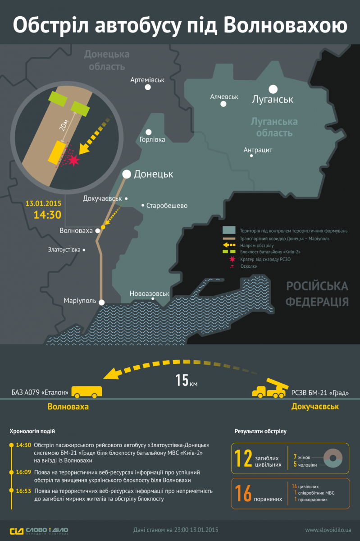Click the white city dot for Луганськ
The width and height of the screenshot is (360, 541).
pyautogui.click(x=273, y=89)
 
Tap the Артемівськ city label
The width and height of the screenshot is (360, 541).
pyautogui.click(x=147, y=80)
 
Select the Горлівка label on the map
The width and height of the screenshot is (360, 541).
pyautogui.click(x=152, y=139)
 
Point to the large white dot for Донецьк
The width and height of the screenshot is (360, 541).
pyautogui.click(x=127, y=174)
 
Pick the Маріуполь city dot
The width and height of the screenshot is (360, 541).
pyautogui.click(x=102, y=303)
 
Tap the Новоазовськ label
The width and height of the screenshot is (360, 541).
pyautogui.click(x=149, y=293)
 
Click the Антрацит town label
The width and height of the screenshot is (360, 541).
pyautogui.click(x=258, y=150)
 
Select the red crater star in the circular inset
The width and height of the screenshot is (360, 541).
pyautogui.click(x=73, y=159)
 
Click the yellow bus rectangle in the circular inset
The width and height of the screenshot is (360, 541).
pyautogui.click(x=57, y=152)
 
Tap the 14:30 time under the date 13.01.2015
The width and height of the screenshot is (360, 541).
pyautogui.click(x=48, y=214)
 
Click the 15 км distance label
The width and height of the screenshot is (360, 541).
pyautogui.click(x=186, y=381)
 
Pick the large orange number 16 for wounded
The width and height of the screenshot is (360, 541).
pyautogui.click(x=242, y=494)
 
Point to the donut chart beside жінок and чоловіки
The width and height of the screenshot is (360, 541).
pyautogui.click(x=334, y=458)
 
